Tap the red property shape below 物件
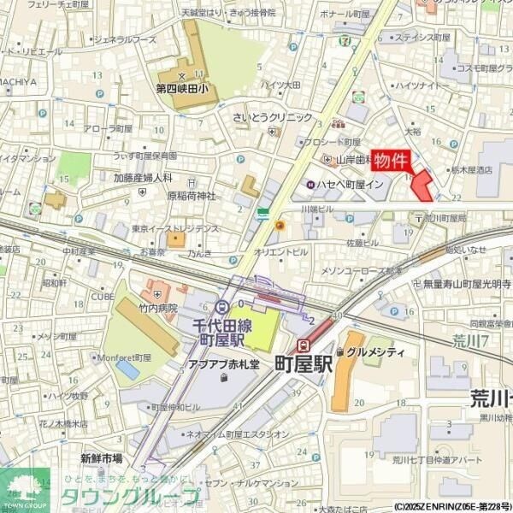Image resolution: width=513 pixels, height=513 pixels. (422, 186)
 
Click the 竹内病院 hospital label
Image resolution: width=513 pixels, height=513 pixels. (156, 308)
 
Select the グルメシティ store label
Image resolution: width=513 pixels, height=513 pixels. (374, 351)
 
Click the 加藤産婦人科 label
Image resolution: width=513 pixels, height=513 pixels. (144, 177)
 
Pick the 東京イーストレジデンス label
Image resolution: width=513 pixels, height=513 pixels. (175, 228)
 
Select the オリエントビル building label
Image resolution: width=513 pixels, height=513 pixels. (280, 252)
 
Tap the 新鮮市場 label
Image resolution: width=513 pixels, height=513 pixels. (103, 458)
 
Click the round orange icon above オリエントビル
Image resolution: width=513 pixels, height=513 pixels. (279, 225)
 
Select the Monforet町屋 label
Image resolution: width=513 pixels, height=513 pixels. (123, 357)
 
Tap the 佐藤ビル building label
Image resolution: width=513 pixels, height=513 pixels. (363, 244)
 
